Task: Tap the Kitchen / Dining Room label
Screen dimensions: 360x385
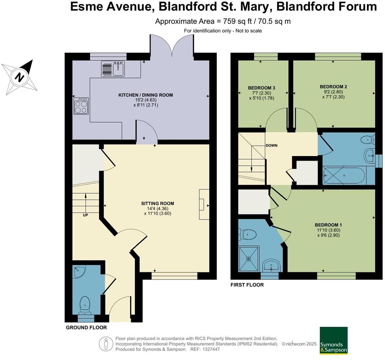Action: [x=146, y=95]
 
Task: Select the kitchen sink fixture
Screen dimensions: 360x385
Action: [x=113, y=69]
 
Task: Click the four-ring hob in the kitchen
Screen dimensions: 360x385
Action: [x=81, y=106]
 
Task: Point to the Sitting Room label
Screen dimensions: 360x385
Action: [x=158, y=204]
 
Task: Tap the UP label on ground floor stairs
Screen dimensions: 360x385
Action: [x=86, y=215]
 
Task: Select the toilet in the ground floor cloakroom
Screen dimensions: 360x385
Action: [x=85, y=305]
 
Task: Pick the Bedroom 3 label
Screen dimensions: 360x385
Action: [x=262, y=88]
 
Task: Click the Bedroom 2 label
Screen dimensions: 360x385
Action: [x=333, y=87]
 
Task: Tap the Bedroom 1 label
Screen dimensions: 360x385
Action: [x=328, y=225]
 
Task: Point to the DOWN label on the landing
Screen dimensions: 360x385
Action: [x=271, y=146]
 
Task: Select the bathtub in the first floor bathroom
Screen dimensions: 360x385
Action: [x=344, y=175]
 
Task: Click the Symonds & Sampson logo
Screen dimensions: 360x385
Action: [x=333, y=340]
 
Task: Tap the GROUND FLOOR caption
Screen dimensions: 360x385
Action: [x=86, y=328]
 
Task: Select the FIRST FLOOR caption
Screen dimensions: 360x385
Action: [x=247, y=285]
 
